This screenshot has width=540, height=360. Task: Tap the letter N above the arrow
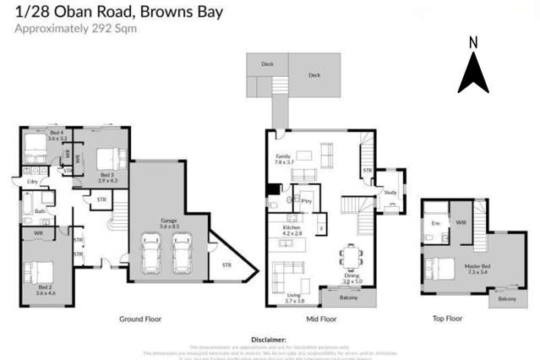tap(473, 42)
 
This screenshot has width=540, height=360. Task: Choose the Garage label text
tap(169, 221)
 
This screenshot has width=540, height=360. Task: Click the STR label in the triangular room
tap(226, 265)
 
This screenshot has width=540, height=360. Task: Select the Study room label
tap(390, 193)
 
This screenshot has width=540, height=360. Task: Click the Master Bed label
tap(476, 267)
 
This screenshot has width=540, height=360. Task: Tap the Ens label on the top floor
tap(436, 222)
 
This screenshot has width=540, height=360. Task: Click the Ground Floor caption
tap(140, 319)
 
